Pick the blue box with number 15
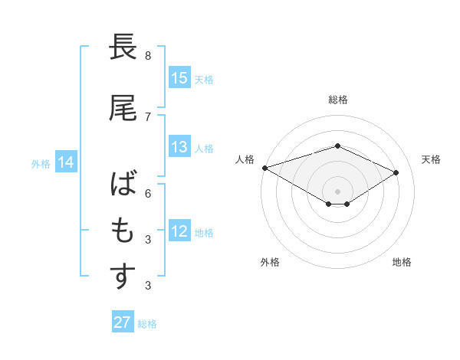coord(179,78)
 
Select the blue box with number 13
coord(179,148)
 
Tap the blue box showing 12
coord(179,231)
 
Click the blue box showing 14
coord(65,162)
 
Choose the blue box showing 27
coord(123,322)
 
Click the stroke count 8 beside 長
coord(148,56)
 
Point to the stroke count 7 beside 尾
coord(148,116)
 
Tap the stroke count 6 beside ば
coord(148,194)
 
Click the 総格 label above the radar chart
coord(337,100)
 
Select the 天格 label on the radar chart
coord(431,159)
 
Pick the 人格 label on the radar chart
coord(245,159)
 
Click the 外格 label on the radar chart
coord(270,262)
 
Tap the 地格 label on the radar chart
coord(402,262)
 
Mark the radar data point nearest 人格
coord(264,168)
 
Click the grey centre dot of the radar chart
coord(337,191)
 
